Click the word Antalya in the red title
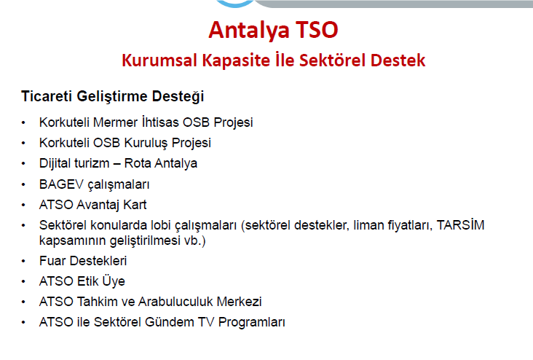(x=249, y=30)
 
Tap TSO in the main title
(x=317, y=30)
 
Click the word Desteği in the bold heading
(x=178, y=97)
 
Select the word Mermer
(x=115, y=122)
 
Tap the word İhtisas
(x=160, y=122)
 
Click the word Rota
(x=138, y=163)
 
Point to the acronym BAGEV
(x=61, y=184)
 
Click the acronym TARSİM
(x=461, y=225)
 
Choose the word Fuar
(x=52, y=261)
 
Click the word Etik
(x=88, y=281)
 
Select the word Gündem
(x=169, y=322)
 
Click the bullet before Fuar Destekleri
(x=23, y=262)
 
